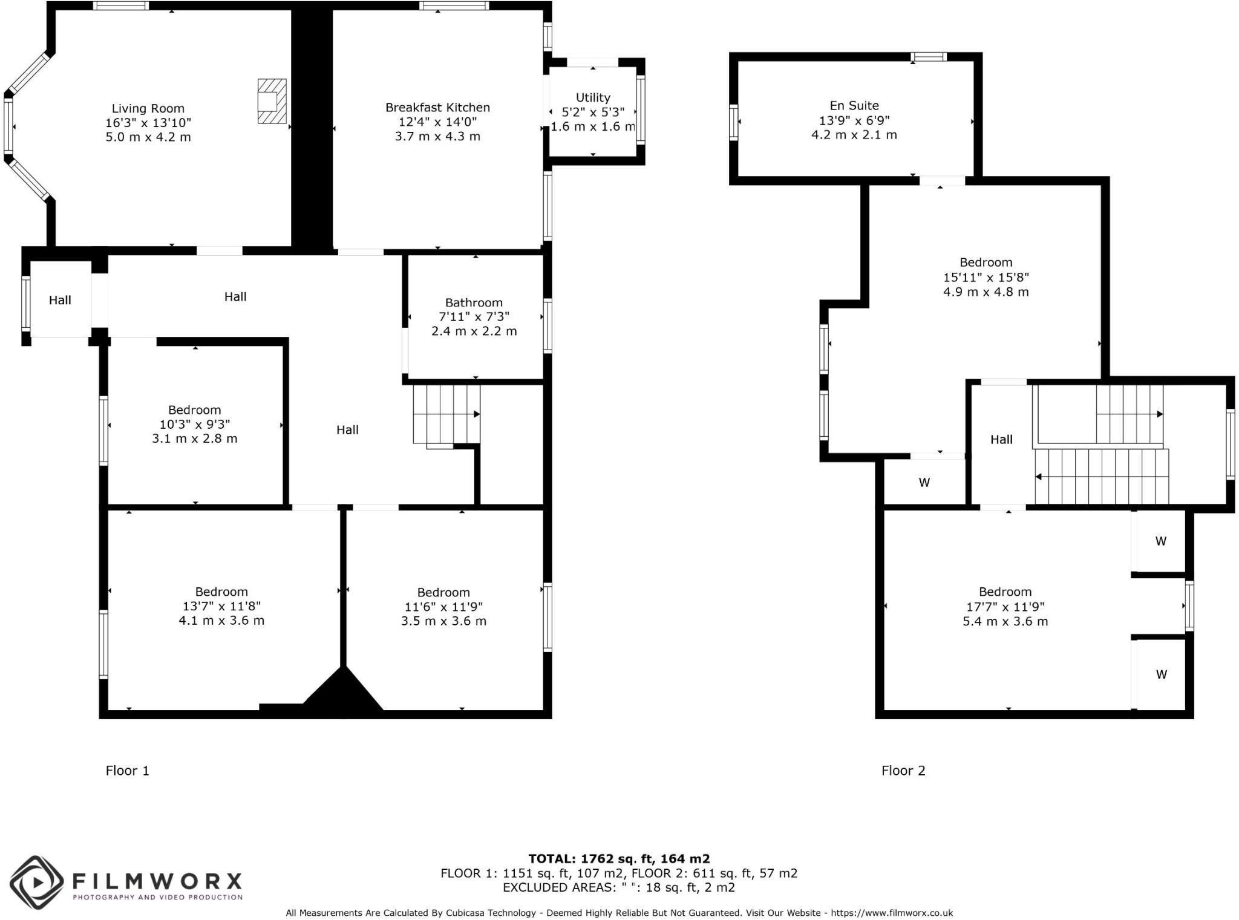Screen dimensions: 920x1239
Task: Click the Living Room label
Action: (x=148, y=108)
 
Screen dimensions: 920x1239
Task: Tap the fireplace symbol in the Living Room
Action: (x=272, y=101)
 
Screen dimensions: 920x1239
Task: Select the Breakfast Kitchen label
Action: (x=437, y=107)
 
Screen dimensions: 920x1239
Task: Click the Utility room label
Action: (x=593, y=97)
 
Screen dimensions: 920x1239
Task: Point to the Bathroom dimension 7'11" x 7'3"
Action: (x=474, y=316)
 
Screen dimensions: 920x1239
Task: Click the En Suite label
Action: (x=854, y=105)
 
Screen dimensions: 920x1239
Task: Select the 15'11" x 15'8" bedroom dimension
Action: (x=986, y=277)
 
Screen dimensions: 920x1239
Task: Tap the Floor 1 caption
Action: (x=127, y=770)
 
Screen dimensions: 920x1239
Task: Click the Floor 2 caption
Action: (x=903, y=770)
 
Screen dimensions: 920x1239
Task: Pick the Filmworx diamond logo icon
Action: (x=36, y=882)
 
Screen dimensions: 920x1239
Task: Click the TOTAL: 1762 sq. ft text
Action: (x=618, y=858)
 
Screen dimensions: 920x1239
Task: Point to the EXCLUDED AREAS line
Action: (x=618, y=887)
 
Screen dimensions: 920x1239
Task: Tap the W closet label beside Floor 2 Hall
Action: (x=924, y=483)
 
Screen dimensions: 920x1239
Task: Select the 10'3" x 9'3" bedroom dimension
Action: (x=194, y=424)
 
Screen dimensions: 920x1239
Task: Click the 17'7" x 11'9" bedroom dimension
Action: (x=1005, y=606)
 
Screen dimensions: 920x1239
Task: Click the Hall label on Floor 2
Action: (x=1001, y=440)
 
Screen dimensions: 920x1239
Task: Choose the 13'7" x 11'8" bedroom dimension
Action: (x=221, y=606)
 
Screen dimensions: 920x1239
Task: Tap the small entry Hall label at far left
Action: (x=60, y=300)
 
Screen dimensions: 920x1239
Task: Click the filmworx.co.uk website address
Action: (x=892, y=913)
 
